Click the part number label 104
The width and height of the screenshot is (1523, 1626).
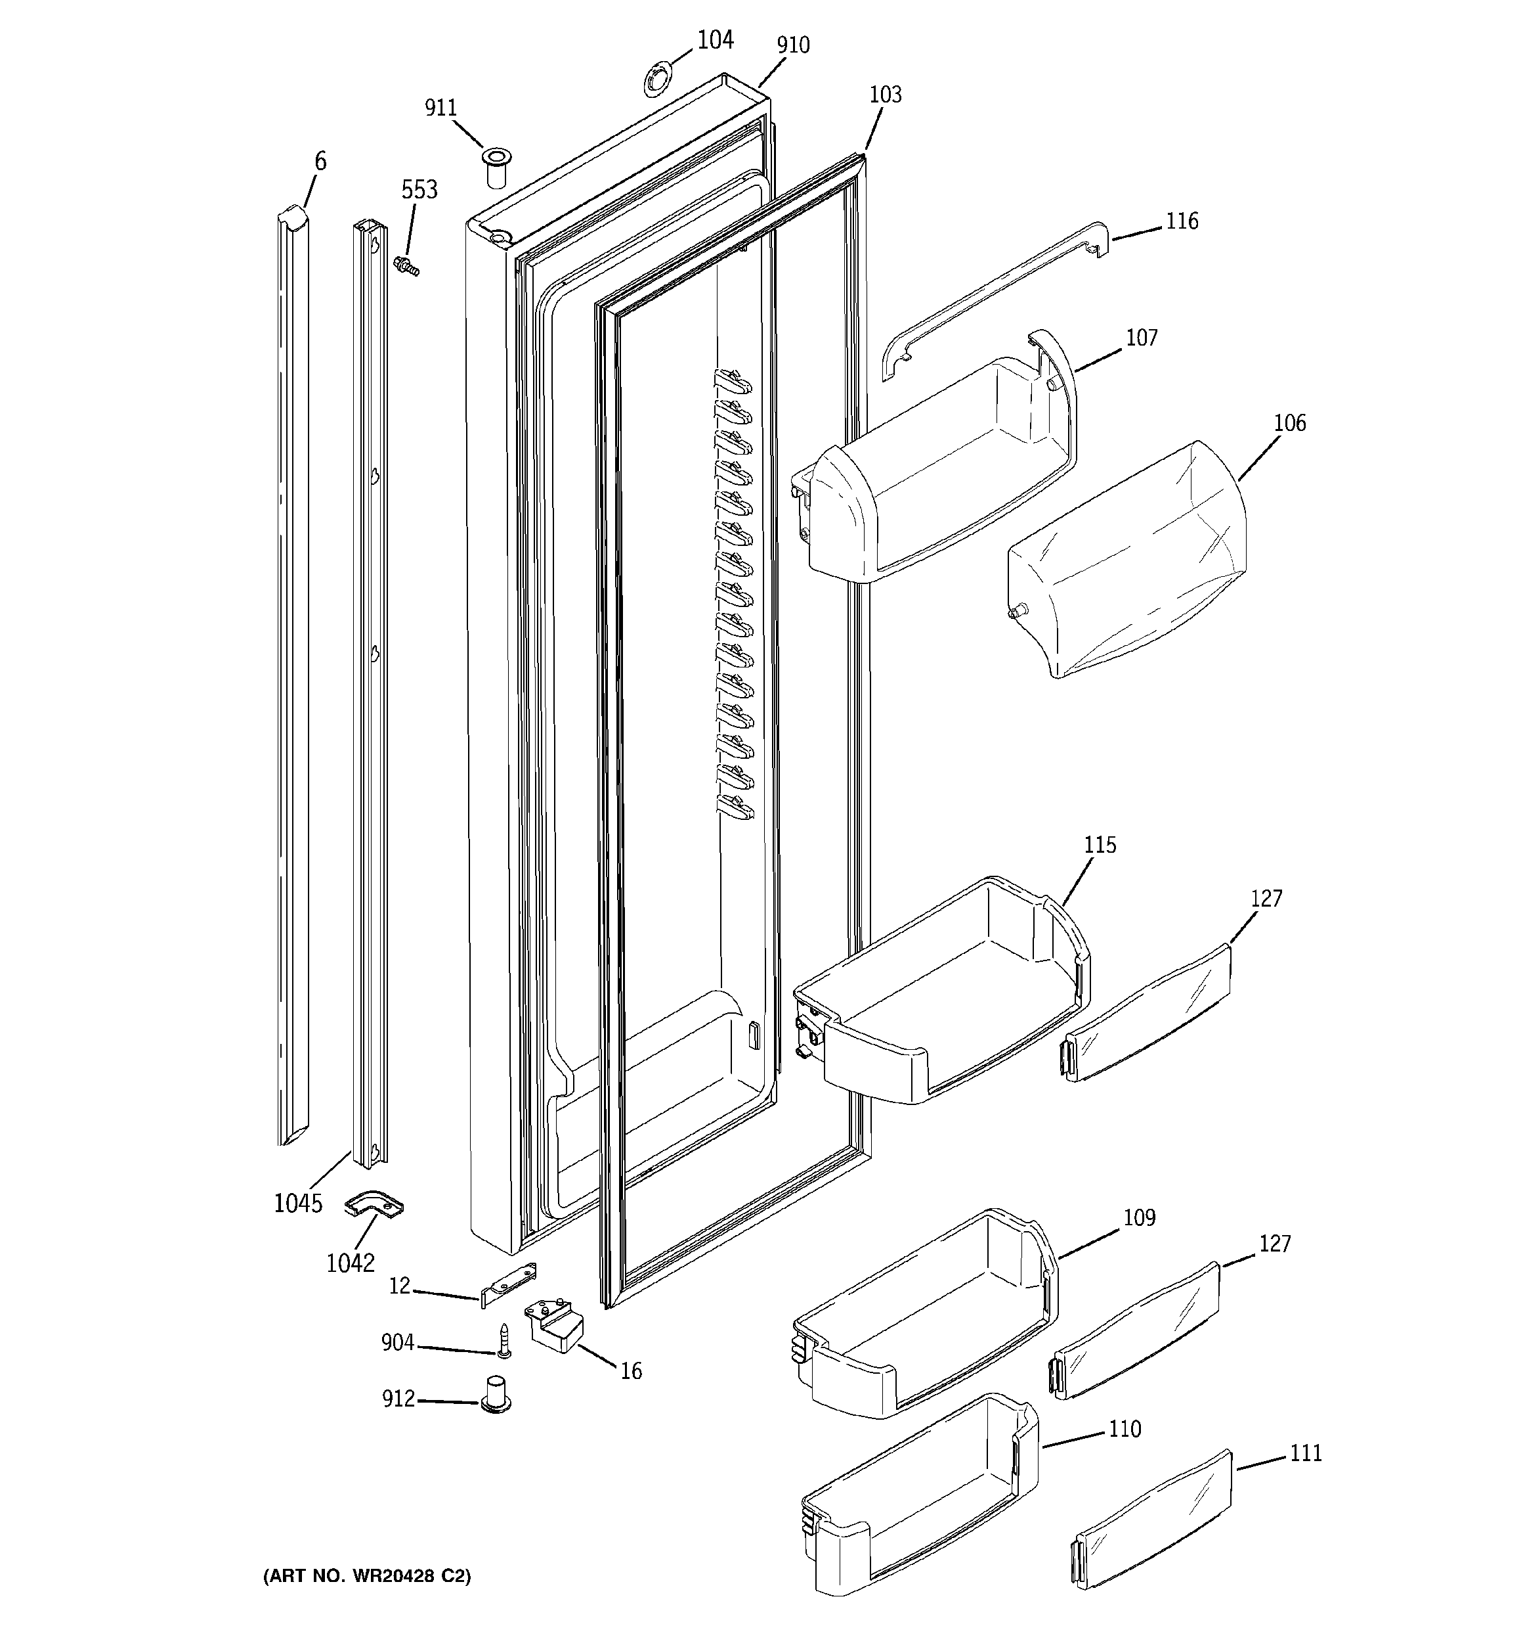click(x=716, y=40)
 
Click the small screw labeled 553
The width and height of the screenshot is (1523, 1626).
click(x=406, y=266)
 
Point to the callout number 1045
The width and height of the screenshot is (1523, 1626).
click(x=297, y=1203)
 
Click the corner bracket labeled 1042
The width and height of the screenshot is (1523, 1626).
click(x=374, y=1203)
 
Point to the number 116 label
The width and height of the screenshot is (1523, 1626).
click(x=1181, y=221)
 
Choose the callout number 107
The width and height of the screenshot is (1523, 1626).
click(x=1141, y=338)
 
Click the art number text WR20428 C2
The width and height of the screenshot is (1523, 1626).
click(x=367, y=1576)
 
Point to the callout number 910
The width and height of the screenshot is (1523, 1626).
click(x=793, y=46)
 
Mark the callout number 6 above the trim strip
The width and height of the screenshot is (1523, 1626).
click(x=320, y=162)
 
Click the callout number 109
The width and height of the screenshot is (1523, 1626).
click(x=1139, y=1218)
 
